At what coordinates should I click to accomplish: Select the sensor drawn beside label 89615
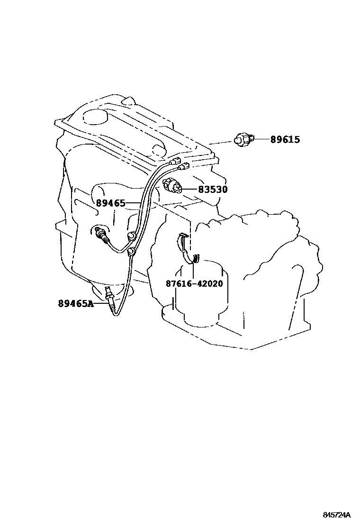pyautogui.click(x=243, y=139)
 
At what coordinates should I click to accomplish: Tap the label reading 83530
pyautogui.click(x=213, y=190)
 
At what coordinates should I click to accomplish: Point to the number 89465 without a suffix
pyautogui.click(x=110, y=203)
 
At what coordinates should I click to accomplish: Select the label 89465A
pyautogui.click(x=76, y=303)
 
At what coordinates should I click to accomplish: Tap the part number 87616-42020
pyautogui.click(x=194, y=284)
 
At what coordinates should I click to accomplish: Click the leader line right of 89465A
pyautogui.click(x=101, y=303)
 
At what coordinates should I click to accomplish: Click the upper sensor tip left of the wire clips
pyautogui.click(x=98, y=232)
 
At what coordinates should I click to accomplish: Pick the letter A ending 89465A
pyautogui.click(x=91, y=303)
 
